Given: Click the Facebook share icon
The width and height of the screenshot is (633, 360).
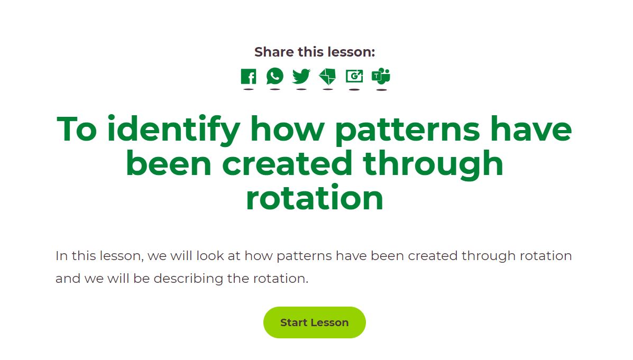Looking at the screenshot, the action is pos(248,76).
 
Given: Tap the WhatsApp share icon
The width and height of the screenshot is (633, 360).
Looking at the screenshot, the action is pos(275,76).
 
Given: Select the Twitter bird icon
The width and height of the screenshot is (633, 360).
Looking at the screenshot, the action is pos(301,76).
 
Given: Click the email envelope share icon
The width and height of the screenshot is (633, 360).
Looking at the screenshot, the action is pos(327,76).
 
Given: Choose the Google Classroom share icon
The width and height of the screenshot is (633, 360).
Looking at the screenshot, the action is pos(354,76).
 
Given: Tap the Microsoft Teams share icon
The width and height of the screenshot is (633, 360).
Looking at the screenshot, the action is pos(381,76).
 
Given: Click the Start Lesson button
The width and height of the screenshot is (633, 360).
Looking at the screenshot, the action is pos(315,322).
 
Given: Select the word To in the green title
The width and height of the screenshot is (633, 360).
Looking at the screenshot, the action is pos(77,129).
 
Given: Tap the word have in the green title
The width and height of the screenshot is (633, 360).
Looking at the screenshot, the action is pos(531,129).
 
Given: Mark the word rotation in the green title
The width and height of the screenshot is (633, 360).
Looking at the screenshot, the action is pos(315,198).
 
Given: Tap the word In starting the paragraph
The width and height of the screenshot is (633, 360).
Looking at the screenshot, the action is pos(61,256).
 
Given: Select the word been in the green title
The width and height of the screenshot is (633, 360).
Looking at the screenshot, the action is pos(168,163).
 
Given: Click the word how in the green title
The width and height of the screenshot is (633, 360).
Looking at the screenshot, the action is pos(288,129).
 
